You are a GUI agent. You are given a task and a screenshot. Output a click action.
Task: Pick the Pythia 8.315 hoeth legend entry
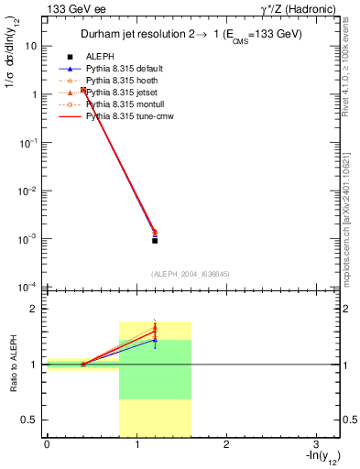pos(121,81)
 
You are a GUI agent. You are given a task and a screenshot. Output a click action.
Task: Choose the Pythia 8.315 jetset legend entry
pos(121,93)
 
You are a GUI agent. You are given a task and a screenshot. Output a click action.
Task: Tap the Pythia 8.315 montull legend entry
pos(124,104)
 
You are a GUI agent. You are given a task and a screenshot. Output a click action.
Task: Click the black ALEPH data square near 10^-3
pos(155,240)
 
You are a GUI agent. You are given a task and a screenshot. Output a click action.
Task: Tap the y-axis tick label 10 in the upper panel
pos(31,46)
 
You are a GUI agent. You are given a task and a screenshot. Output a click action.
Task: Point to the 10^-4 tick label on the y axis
pos(27,287)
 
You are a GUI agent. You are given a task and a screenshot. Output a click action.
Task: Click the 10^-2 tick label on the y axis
pos(27,191)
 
